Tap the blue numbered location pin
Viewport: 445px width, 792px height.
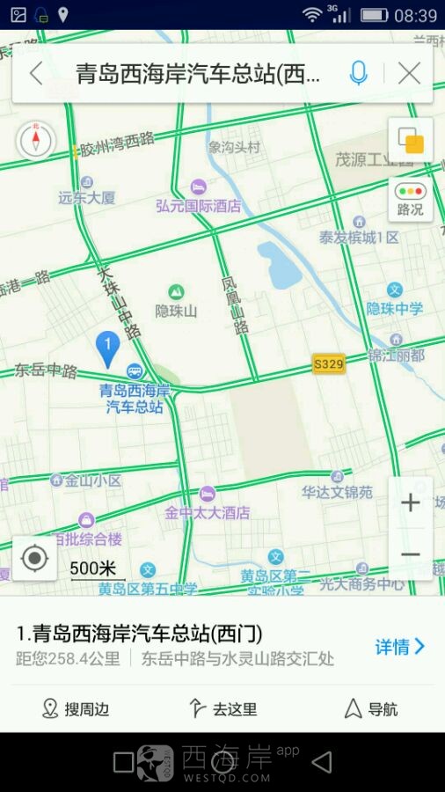click(x=107, y=348)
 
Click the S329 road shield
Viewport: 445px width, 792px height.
click(x=329, y=363)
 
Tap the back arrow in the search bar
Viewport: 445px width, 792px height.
click(x=36, y=74)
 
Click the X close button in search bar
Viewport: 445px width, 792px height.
click(x=409, y=74)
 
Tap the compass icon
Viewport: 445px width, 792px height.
click(x=35, y=140)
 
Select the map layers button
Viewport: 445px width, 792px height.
click(x=410, y=141)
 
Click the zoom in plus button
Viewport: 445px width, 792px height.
click(x=410, y=503)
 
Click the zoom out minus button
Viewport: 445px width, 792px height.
click(x=410, y=554)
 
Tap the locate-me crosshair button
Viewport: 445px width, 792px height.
click(x=35, y=559)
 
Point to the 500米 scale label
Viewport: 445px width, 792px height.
click(x=93, y=568)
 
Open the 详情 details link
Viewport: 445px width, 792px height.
click(x=399, y=647)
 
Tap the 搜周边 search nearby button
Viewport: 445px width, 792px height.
click(x=76, y=709)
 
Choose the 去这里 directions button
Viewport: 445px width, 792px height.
click(x=222, y=709)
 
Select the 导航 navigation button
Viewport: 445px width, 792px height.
click(x=370, y=709)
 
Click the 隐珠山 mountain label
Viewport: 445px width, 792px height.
click(x=176, y=310)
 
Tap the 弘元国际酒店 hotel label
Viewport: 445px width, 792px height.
click(x=198, y=206)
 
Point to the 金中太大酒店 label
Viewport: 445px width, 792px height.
click(x=208, y=512)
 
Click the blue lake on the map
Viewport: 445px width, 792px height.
click(x=281, y=265)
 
